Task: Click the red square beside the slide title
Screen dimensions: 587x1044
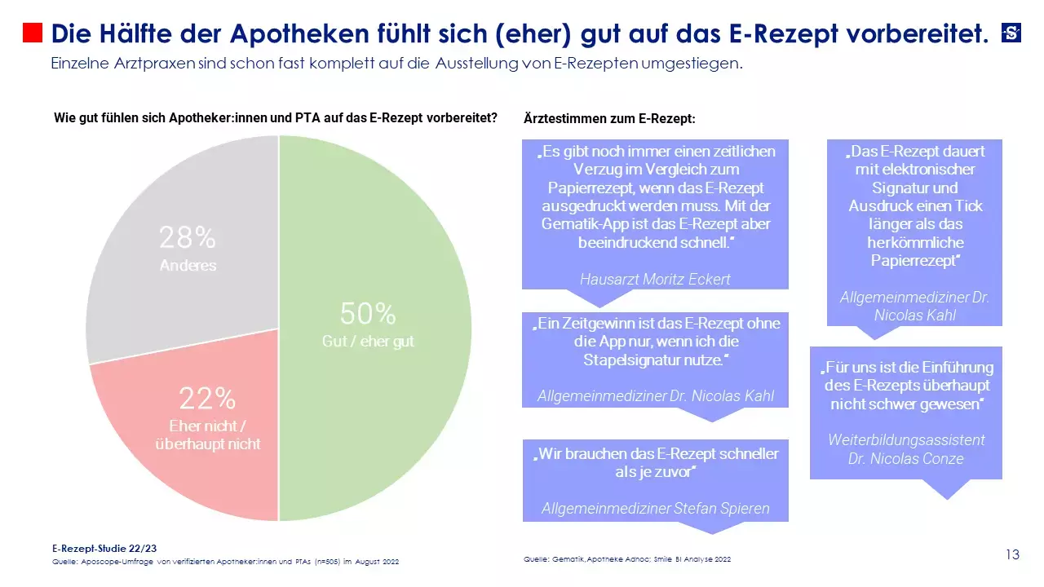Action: coord(33,33)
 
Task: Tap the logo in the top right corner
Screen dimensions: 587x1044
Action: coord(1011,33)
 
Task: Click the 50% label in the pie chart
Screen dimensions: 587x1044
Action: coord(368,314)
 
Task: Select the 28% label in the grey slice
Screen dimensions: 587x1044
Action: coord(188,238)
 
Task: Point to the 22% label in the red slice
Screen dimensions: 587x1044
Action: coord(208,399)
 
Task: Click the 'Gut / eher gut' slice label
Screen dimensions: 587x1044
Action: coord(368,342)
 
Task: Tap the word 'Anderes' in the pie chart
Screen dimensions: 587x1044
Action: coord(188,266)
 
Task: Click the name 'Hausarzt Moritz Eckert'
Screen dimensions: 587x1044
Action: coord(655,279)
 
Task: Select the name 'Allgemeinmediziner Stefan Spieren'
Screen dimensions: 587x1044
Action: coord(655,509)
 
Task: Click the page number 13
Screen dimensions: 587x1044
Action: coord(1012,555)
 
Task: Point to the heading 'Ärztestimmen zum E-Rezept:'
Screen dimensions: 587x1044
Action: coord(609,119)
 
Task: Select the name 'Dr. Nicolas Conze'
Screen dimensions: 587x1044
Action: coord(905,458)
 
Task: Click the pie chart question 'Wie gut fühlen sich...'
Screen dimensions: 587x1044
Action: coord(276,117)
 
